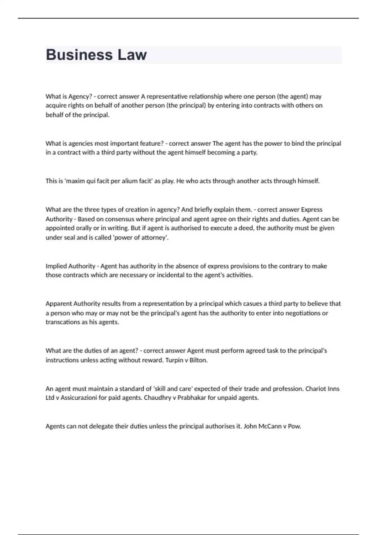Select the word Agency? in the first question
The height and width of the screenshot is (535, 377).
[x=80, y=96]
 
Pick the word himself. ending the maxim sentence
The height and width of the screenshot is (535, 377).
[x=309, y=181]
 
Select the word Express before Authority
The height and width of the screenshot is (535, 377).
[x=312, y=210]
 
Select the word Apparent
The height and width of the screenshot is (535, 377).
[x=58, y=304]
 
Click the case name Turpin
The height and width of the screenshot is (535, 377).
[x=174, y=360]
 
